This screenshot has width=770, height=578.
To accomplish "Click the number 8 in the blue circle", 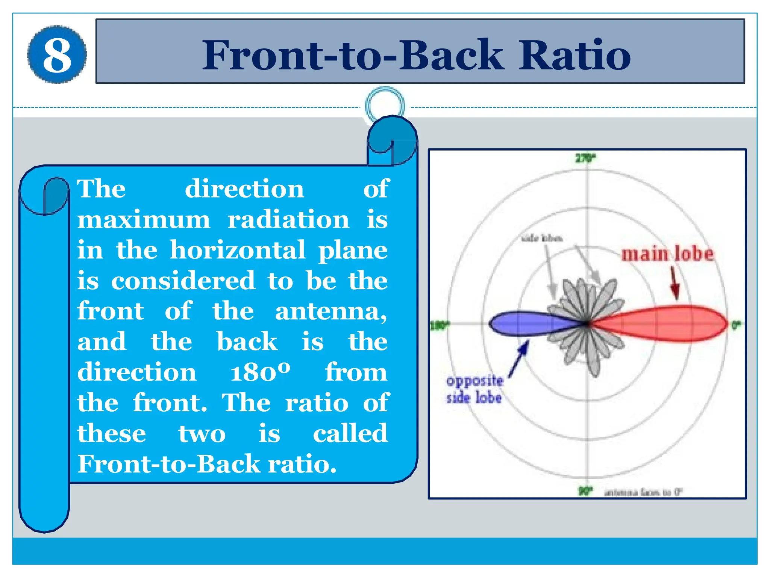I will coord(57,55).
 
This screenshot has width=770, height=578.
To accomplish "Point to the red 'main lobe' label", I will coord(667,254).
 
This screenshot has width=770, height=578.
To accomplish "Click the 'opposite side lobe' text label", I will coord(474,389).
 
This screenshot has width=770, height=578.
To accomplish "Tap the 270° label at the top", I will coord(586,158).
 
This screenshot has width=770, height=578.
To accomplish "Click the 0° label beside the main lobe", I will coord(735,324).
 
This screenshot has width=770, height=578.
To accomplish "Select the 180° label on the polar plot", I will coord(439,325).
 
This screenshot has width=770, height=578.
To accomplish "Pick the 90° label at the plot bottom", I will coord(585,491).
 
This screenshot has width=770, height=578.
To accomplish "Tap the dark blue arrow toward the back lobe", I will coord(519,358).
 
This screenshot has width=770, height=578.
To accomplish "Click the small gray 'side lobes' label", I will coord(542,238).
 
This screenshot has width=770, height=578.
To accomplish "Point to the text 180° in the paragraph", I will coord(260,372).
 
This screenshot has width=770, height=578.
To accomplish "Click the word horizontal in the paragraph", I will coord(238,250).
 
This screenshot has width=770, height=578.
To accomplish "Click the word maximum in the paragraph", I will coord(144,220).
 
